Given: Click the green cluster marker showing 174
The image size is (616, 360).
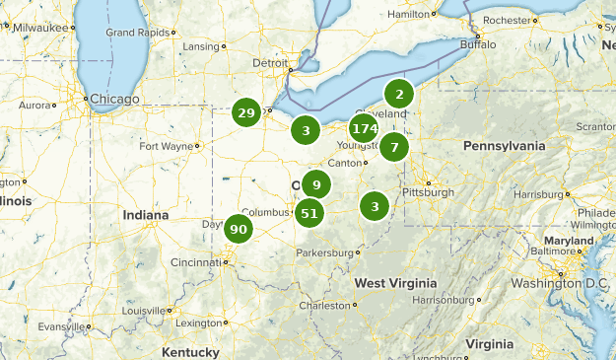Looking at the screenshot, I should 364,128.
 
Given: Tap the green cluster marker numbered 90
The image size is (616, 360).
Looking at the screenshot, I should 238,230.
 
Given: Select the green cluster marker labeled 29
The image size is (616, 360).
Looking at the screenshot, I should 246,113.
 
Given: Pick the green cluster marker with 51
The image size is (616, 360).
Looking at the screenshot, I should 309,213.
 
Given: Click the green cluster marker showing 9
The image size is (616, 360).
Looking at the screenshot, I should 316,184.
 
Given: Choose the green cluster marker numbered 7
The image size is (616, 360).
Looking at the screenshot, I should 394,148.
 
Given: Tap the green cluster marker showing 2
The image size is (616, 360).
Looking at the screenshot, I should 399,95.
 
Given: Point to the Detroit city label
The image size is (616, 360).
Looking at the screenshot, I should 270,62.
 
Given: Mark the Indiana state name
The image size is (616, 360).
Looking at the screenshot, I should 146,214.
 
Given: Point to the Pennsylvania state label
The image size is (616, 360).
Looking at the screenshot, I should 504,146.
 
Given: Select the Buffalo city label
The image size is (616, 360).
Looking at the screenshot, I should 478,44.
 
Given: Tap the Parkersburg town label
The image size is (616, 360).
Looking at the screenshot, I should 323,252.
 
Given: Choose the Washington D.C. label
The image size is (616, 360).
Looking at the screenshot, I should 557,284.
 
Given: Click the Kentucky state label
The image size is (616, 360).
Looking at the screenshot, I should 190,352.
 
